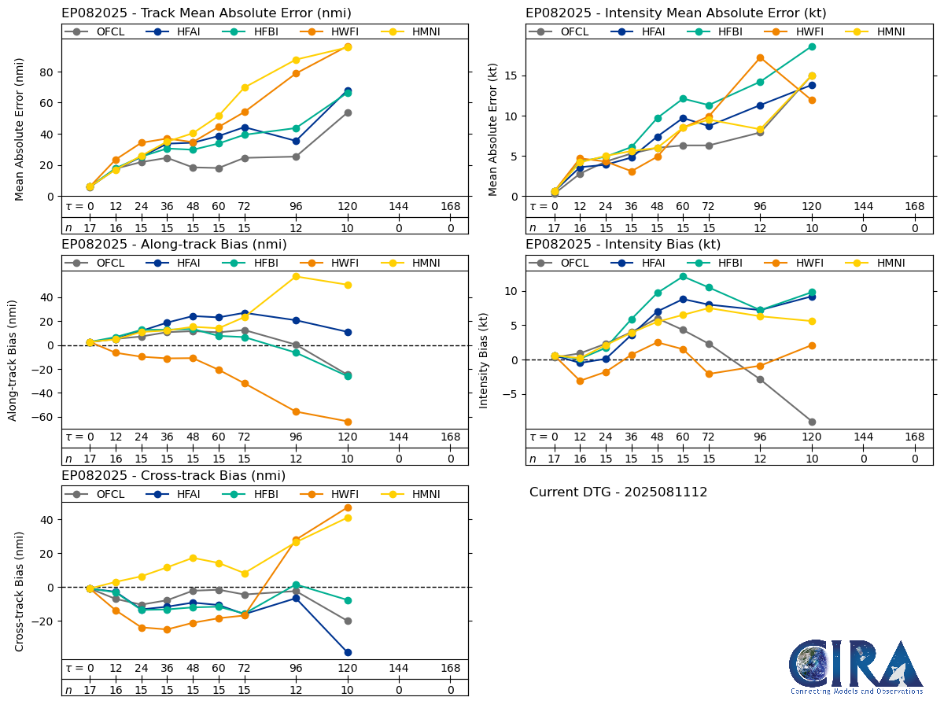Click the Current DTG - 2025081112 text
(618, 492)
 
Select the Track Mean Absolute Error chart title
(206, 13)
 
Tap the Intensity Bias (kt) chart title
(623, 245)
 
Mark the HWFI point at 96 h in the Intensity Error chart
(760, 57)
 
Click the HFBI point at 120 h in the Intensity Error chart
(812, 46)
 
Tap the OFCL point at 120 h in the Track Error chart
(348, 112)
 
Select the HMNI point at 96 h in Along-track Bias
(296, 276)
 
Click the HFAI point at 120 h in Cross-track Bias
(348, 652)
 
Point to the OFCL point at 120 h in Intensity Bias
(812, 422)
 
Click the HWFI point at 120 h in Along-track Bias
(348, 422)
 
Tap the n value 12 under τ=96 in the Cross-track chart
(296, 690)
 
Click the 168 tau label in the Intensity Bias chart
(914, 437)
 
